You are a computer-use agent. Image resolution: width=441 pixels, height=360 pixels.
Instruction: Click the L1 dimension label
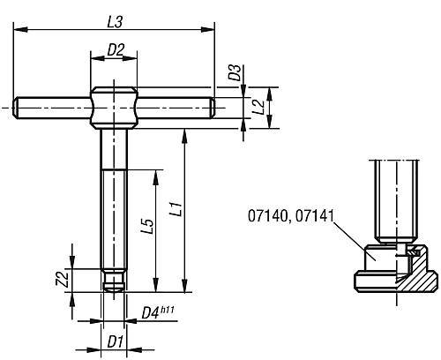click(176, 211)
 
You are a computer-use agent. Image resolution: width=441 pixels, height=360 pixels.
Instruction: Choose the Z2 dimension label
click(62, 279)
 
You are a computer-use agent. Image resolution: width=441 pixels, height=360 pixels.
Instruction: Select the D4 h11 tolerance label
click(157, 311)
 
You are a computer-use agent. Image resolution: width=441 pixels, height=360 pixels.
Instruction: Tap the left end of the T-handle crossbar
click(19, 108)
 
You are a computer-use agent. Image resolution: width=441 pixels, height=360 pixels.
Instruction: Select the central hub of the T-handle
click(114, 108)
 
